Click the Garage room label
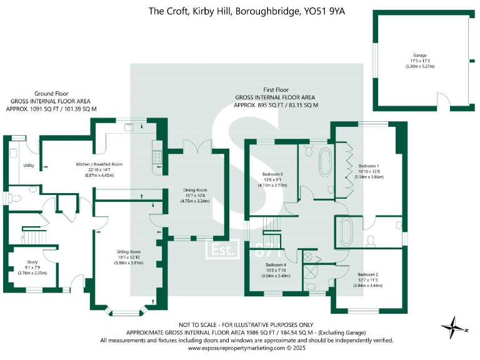click(x=419, y=55)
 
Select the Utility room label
click(x=29, y=166)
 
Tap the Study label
click(x=32, y=262)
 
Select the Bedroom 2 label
click(x=368, y=274)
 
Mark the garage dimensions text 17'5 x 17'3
click(x=419, y=61)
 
